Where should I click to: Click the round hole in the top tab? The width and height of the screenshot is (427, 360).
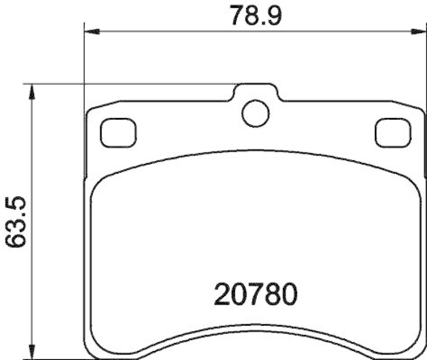pyautogui.click(x=255, y=114)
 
